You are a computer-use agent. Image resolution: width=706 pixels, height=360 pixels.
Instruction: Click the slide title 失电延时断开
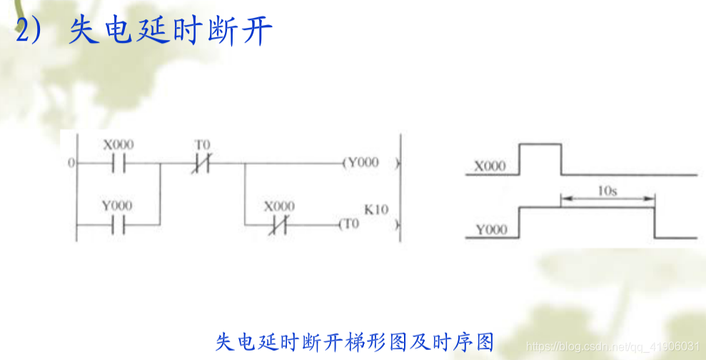(171, 33)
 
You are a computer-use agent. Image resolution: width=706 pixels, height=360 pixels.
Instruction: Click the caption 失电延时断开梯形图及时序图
(354, 341)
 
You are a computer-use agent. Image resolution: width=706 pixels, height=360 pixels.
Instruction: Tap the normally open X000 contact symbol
(118, 164)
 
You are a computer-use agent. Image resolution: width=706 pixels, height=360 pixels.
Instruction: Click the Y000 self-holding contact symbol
(118, 225)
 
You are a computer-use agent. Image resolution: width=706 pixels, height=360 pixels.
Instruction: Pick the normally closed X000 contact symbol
(278, 225)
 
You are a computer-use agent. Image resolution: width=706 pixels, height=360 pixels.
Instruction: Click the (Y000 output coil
(361, 163)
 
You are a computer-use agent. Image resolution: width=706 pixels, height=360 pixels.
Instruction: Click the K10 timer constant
(375, 210)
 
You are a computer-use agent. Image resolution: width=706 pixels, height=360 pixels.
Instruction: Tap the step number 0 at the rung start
(71, 164)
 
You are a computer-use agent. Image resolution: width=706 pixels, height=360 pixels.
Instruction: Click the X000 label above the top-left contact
(118, 144)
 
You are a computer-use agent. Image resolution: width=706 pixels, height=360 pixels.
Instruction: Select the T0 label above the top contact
(203, 144)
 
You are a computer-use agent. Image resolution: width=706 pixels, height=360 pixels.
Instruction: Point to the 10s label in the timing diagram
(607, 191)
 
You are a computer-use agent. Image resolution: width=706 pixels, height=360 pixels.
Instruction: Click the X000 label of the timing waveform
(490, 167)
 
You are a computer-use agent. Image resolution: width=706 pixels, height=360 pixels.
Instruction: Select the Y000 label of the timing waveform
(490, 230)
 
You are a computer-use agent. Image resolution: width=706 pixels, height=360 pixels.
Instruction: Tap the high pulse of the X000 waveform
(540, 145)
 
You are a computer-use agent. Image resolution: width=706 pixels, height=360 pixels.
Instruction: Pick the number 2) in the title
(31, 33)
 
